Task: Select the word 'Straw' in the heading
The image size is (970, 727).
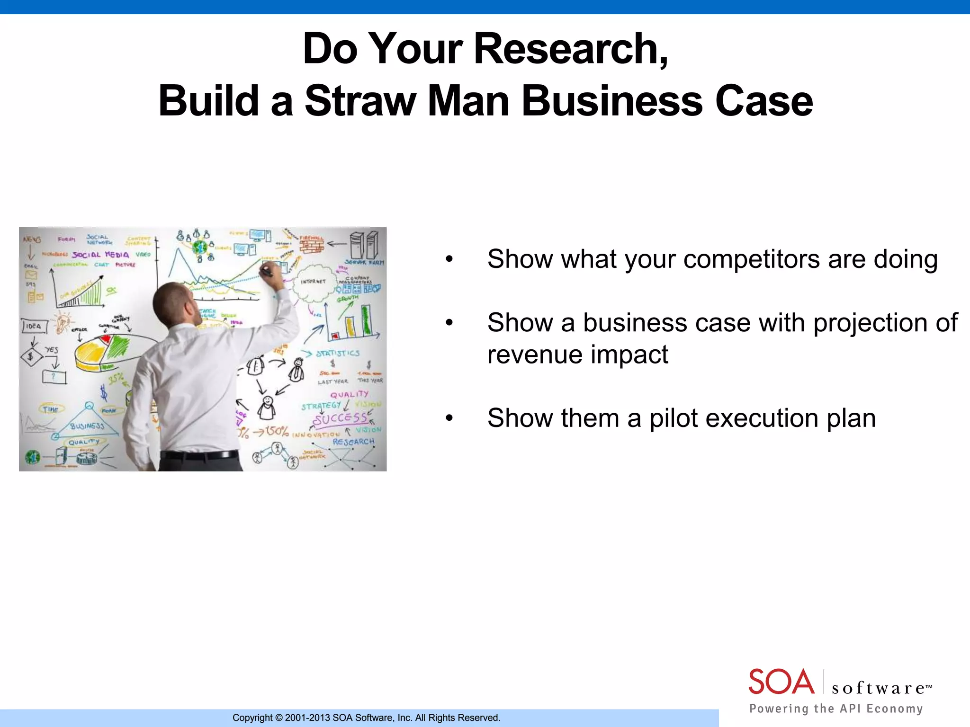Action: coord(360,101)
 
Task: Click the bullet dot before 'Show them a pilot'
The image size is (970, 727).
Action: coord(449,418)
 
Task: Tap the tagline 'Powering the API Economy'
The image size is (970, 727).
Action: coord(836,709)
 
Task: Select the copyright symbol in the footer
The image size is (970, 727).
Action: coord(278,718)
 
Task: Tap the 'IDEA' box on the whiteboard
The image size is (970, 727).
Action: coord(34,326)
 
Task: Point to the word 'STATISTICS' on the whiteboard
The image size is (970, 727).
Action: coord(338,353)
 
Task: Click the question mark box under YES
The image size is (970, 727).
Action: coord(54,377)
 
